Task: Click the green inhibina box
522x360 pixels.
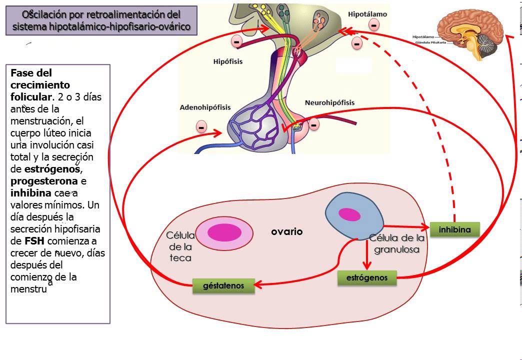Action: point(454,229)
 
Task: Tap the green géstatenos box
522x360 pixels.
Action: point(223,286)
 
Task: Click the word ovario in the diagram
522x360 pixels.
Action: point(287,232)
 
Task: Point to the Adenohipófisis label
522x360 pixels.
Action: point(205,107)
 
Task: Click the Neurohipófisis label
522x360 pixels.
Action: point(329,102)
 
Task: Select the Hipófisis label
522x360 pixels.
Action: point(228,62)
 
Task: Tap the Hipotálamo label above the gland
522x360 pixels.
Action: point(367,14)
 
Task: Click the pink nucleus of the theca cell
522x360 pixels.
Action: point(223,233)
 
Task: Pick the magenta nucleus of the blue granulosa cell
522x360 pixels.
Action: point(350,214)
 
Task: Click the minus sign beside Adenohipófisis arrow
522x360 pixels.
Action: point(201,127)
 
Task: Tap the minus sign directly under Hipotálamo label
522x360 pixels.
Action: point(373,24)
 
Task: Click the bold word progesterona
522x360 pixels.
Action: point(44,181)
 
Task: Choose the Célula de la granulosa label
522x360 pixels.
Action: point(397,243)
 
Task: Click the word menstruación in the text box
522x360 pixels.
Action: point(40,120)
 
